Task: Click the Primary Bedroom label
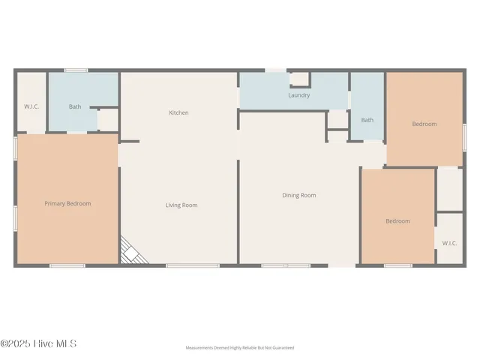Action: tap(67, 203)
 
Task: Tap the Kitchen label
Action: tap(178, 112)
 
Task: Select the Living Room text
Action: tap(181, 205)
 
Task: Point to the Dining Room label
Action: tap(298, 195)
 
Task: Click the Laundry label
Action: tap(299, 95)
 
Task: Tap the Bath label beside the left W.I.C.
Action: tap(75, 106)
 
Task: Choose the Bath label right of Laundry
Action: tap(367, 120)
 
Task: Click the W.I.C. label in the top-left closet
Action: tap(31, 106)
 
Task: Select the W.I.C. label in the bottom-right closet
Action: tap(449, 243)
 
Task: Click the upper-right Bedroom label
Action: tap(424, 124)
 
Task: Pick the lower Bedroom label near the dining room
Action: tap(397, 220)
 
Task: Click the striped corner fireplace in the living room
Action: tap(132, 250)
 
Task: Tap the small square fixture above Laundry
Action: tap(299, 79)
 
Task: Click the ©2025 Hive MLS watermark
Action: tap(38, 344)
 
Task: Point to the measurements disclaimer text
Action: tap(240, 348)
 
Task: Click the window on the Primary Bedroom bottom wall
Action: tap(67, 265)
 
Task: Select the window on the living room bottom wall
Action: tap(181, 265)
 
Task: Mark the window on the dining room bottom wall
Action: tap(286, 265)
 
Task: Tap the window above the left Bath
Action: tap(76, 70)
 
